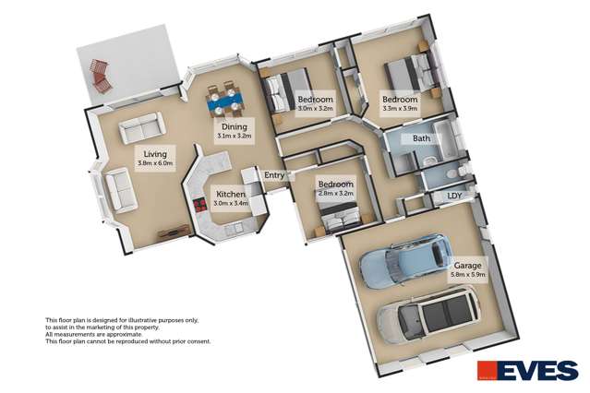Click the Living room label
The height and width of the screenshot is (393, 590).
point(155,154)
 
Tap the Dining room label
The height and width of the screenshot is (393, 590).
point(234,126)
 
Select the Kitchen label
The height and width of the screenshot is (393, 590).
point(231,194)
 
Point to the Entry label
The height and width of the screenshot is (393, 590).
point(274,175)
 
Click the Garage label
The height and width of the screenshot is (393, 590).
point(468,265)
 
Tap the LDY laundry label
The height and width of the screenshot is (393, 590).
point(454,196)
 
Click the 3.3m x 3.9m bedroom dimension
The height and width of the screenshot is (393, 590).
point(400,108)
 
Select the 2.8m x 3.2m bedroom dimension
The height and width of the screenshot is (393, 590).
point(336,194)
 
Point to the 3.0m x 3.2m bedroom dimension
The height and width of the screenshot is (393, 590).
point(316,108)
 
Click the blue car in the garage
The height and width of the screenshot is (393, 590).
point(405,260)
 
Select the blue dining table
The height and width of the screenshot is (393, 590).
point(225,101)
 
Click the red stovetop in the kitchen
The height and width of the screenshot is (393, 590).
point(199,206)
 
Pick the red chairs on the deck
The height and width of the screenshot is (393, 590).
point(101,77)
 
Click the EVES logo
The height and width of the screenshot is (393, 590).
point(527,371)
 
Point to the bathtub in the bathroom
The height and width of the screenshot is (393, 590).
point(445,140)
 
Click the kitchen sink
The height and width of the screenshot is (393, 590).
point(234,228)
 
